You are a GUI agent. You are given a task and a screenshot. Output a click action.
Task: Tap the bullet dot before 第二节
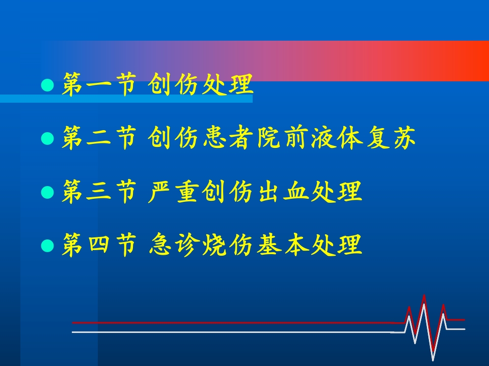point(47,139)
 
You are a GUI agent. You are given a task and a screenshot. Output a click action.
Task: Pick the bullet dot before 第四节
point(47,246)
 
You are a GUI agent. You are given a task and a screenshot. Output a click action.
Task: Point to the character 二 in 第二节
point(98,139)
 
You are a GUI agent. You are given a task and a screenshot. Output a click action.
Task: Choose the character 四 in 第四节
point(98,246)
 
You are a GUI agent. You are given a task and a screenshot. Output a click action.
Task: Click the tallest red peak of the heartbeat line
point(424,295)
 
